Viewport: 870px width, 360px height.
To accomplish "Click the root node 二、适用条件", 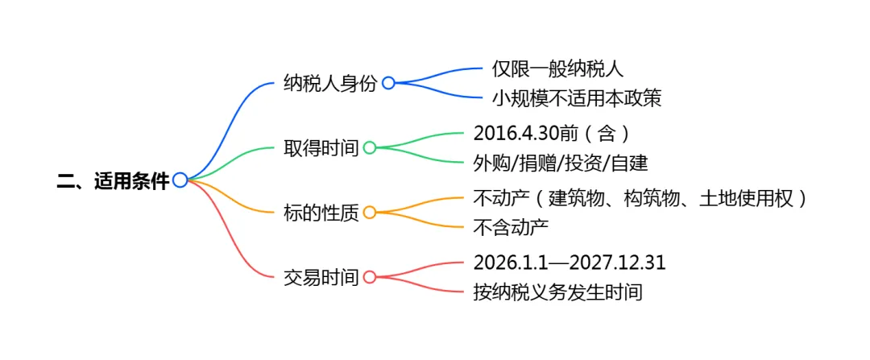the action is (113, 181).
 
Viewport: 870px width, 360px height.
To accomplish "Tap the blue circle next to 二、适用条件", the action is (180, 180).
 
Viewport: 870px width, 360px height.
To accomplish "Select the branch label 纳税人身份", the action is (330, 83).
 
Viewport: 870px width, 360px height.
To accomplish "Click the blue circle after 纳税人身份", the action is (388, 83).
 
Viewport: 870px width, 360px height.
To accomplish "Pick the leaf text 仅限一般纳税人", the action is (558, 69).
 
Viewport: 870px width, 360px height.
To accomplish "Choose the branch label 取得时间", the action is (319, 148).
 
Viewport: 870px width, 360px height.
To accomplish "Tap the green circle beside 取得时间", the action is (370, 148).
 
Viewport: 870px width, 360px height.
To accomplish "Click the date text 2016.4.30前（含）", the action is (551, 133).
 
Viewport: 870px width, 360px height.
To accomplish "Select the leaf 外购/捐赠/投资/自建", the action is (561, 163).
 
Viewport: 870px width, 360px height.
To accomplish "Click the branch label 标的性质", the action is (319, 213).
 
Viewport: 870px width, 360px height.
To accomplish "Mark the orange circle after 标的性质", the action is (370, 213).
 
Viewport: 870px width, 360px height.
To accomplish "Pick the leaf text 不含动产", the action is (512, 228).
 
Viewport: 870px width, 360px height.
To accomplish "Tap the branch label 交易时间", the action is (319, 277).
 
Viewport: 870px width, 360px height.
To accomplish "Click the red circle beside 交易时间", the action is (370, 277).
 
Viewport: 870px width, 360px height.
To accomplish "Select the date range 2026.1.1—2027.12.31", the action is (570, 263).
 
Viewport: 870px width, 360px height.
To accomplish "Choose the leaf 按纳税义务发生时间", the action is (557, 292).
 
